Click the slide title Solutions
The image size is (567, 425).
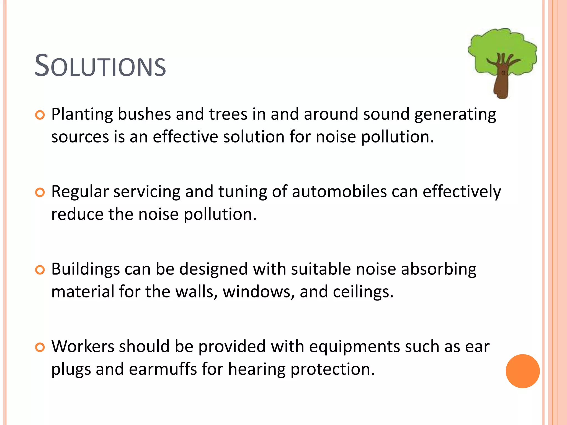[100, 66]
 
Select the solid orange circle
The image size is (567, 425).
[522, 371]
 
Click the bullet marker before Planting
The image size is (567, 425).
[40, 115]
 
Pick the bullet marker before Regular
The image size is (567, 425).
[40, 193]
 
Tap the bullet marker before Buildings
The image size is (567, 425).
[40, 270]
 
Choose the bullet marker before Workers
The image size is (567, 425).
[40, 348]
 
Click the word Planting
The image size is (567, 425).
[82, 115]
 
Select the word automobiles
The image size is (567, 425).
[339, 191]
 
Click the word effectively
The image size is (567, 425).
[462, 192]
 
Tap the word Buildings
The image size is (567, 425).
[85, 269]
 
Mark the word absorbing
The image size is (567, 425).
[439, 269]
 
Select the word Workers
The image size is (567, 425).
[83, 346]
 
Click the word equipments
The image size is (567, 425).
[354, 347]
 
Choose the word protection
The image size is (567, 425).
[332, 370]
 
